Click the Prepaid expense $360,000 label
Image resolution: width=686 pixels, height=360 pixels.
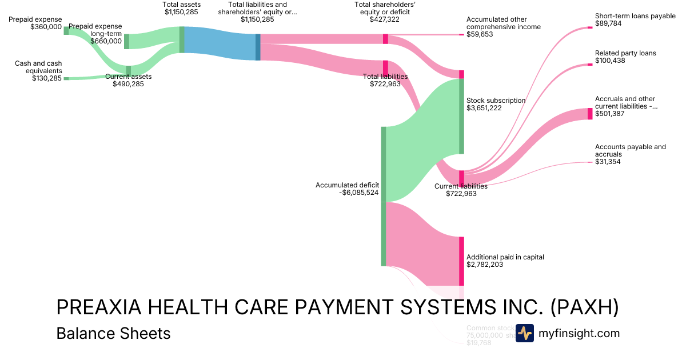[x=35, y=23]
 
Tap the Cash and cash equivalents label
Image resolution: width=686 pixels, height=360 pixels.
[x=38, y=71]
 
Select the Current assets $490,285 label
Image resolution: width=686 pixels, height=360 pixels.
[x=128, y=80]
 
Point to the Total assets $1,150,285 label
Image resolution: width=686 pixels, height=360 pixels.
[x=182, y=8]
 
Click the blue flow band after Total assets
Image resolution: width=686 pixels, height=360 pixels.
[x=220, y=43]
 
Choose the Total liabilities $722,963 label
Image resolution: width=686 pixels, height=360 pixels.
[x=385, y=80]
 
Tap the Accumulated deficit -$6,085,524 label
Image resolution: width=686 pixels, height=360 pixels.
[x=347, y=189]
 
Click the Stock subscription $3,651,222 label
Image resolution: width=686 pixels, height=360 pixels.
[x=496, y=104]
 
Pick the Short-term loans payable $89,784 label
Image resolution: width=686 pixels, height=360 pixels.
[x=635, y=19]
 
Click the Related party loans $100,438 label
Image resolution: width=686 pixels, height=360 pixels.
[x=625, y=57]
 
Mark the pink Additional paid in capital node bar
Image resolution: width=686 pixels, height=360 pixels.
[x=461, y=261]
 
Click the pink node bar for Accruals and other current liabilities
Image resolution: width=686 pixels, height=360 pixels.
[x=590, y=114]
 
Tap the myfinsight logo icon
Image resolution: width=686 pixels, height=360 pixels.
[x=524, y=333]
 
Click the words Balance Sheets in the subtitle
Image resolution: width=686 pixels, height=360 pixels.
[x=113, y=333]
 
